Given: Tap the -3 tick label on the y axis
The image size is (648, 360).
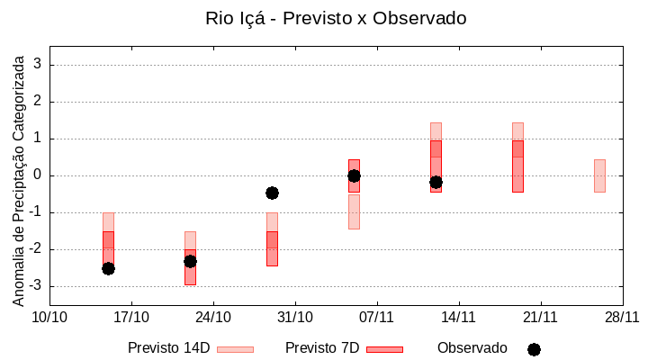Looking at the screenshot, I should [x=34, y=286].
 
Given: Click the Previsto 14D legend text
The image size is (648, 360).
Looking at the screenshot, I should [x=168, y=348].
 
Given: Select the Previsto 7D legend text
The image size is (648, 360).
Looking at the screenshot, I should [x=321, y=348].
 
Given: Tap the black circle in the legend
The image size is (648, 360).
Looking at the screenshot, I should [x=534, y=349].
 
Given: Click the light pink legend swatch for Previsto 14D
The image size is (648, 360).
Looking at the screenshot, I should [x=235, y=349].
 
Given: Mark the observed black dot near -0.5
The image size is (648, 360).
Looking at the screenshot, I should [x=272, y=193].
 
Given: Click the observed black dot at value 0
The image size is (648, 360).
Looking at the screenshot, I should [x=354, y=175].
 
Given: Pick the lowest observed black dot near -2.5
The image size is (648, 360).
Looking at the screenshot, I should [x=108, y=268].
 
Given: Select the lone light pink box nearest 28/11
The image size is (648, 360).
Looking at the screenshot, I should [x=599, y=175].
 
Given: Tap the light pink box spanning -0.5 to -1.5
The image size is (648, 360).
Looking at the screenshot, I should [x=354, y=211].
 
